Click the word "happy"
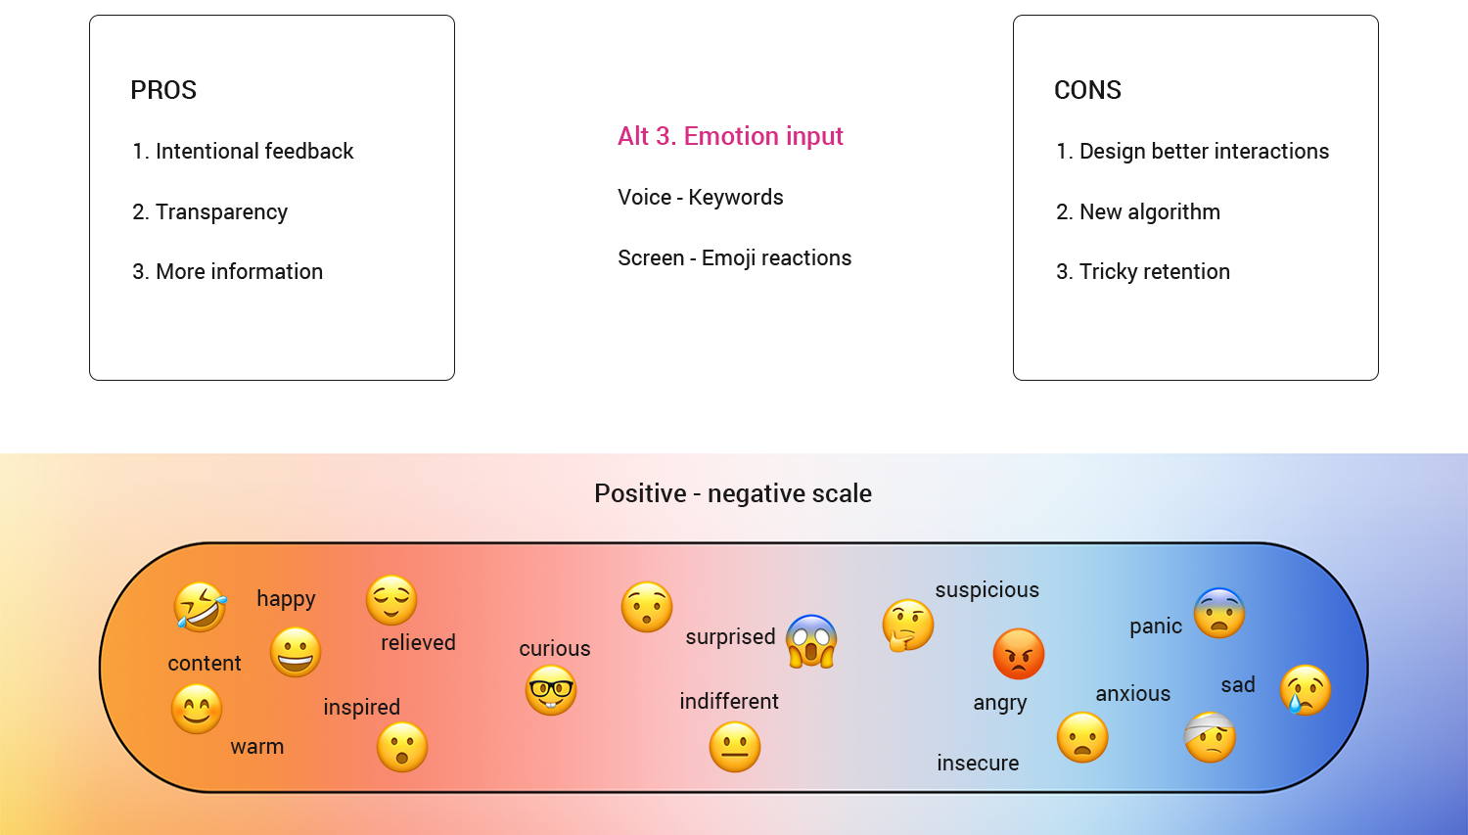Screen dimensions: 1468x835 [286, 598]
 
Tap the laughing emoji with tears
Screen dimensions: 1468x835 [201, 607]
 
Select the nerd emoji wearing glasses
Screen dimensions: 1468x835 [551, 690]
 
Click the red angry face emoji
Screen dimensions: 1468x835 [1019, 654]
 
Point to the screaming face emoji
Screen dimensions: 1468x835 [811, 641]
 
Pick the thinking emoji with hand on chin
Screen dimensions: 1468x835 [907, 626]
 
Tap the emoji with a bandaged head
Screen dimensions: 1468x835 [1211, 737]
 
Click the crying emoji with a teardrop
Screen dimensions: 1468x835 [1306, 690]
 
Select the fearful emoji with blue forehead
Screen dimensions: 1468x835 [1219, 613]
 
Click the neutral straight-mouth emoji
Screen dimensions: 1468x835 [735, 747]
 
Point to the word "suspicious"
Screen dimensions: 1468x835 [986, 589]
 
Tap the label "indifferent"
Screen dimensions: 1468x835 [729, 701]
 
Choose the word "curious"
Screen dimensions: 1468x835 [555, 648]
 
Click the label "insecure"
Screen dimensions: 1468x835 [978, 763]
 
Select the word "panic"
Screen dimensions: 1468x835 [1156, 626]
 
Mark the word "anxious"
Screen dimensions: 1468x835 [1133, 693]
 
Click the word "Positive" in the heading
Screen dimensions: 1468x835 [640, 493]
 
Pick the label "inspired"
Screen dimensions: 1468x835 [362, 707]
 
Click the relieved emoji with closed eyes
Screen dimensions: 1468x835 [391, 600]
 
